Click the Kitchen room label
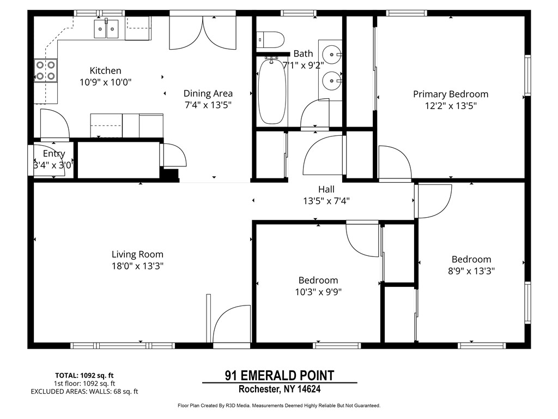pos(105,70)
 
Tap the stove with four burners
pos(46,70)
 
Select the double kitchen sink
pos(106,28)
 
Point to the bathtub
pos(272,91)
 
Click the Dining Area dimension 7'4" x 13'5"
pos(208,106)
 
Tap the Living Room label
pos(137,254)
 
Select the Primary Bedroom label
pos(450,94)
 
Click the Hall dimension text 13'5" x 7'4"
pos(326,201)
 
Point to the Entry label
pos(54,154)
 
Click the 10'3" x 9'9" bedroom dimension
pos(318,291)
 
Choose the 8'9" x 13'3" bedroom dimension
pos(471,271)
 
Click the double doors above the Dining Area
pos(203,33)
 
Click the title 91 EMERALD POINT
pos(279,375)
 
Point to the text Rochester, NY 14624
pos(279,389)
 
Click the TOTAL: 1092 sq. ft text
pos(84,375)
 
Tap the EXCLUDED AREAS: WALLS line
pos(84,391)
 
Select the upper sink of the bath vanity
pos(332,54)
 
